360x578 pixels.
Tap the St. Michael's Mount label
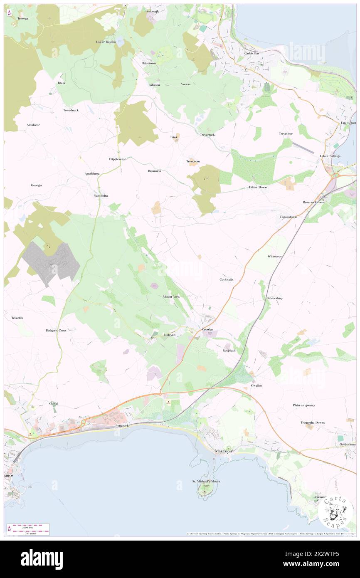click(x=206, y=481)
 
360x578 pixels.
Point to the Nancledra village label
click(x=101, y=195)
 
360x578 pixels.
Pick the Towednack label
click(x=71, y=110)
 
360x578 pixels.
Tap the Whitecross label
click(x=275, y=256)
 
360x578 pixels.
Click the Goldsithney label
click(x=348, y=444)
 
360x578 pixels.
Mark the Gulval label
click(x=54, y=403)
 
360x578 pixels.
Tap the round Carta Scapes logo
click(x=335, y=512)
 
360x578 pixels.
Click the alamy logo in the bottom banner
click(x=42, y=559)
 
